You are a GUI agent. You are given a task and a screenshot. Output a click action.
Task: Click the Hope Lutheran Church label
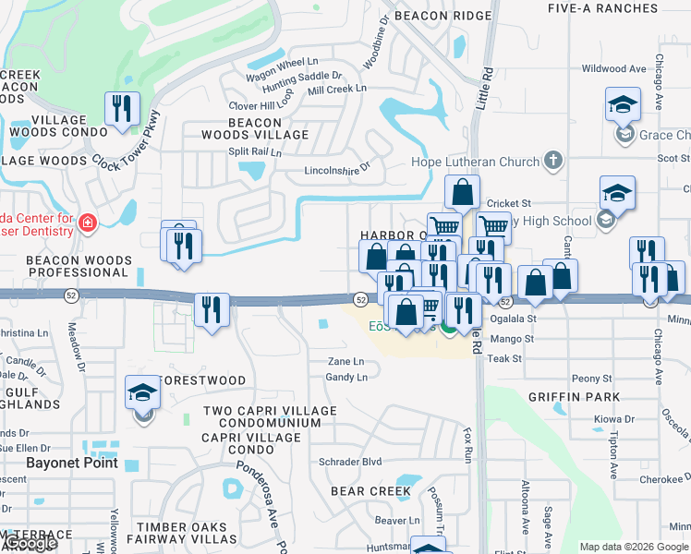tap(475, 163)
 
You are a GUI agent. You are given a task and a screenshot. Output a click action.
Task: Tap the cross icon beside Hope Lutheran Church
tap(553, 162)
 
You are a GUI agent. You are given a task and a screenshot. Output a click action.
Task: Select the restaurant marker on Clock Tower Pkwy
tap(122, 110)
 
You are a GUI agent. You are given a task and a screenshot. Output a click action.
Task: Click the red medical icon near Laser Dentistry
tap(88, 223)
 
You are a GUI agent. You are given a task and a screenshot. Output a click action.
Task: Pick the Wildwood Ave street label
tap(613, 68)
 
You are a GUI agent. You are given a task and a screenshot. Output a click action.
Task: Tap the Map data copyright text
tap(634, 547)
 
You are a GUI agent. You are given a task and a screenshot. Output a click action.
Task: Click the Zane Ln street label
tap(345, 362)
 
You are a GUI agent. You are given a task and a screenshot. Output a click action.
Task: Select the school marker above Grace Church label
tap(623, 105)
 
